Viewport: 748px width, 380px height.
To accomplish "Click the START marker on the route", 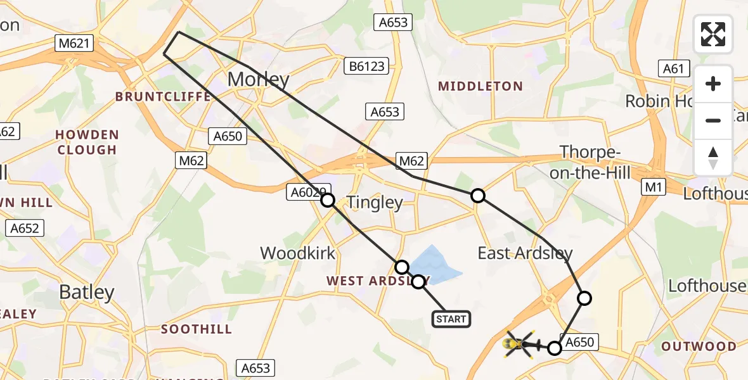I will (451, 319).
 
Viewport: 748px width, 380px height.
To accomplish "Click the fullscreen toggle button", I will (713, 34).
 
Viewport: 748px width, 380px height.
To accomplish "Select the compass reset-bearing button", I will (713, 157).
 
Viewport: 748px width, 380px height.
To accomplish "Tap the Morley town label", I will (258, 80).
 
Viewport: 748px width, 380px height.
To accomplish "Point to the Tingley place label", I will (374, 203).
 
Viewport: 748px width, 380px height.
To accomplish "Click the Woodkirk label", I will (297, 253).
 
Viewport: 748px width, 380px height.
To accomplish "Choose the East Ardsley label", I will (525, 254).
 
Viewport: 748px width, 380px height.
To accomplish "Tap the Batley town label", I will (87, 292).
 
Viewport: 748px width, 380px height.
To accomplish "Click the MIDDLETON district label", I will (481, 86).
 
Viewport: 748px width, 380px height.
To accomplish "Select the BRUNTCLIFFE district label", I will (163, 97).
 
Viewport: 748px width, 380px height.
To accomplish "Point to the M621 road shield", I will (74, 44).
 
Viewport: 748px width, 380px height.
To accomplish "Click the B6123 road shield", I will (365, 66).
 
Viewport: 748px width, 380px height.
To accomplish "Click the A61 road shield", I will (674, 68).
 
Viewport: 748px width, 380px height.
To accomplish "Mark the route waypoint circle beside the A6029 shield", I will (328, 201).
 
